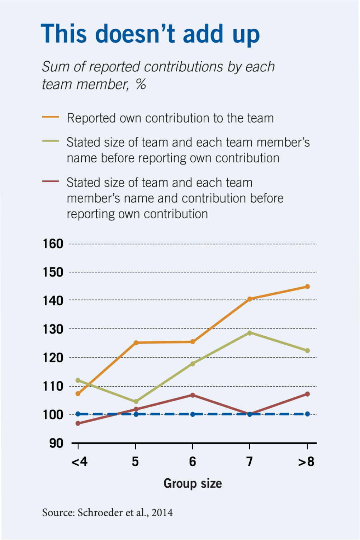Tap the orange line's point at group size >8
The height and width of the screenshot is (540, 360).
tap(307, 286)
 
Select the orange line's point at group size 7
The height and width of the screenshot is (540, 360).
tap(250, 299)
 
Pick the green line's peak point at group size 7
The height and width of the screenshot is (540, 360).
tap(250, 333)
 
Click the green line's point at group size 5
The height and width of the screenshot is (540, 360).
tap(136, 401)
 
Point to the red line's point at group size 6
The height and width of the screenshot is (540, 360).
tap(193, 395)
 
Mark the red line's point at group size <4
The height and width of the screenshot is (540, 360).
tap(78, 423)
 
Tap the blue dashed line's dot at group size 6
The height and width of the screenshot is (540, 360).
tap(193, 414)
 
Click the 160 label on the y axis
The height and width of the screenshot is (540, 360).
tap(53, 244)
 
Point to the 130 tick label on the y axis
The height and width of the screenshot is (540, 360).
tap(53, 329)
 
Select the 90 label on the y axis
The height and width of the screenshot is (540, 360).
tap(56, 443)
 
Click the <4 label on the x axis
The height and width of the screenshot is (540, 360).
tap(79, 461)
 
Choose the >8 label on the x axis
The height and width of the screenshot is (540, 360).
tap(306, 461)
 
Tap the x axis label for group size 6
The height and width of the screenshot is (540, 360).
tap(193, 461)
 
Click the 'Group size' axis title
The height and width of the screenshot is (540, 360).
tap(193, 483)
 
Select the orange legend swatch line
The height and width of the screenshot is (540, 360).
tap(51, 117)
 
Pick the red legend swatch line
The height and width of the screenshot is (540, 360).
tap(51, 181)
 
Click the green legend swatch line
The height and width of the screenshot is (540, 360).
tap(51, 141)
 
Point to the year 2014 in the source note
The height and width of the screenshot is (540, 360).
tap(162, 512)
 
